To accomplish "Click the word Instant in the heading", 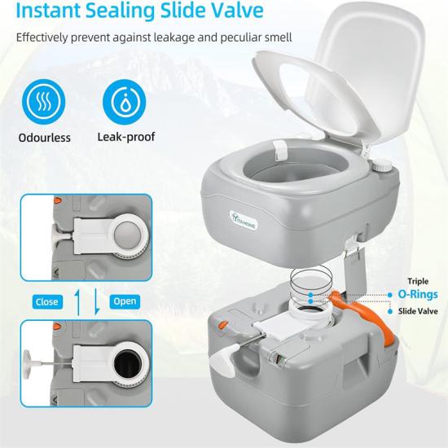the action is tap(48, 10).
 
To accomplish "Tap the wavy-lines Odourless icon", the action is tap(44, 102).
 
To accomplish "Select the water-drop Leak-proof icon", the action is tap(125, 102).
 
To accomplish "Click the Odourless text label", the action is tap(44, 138).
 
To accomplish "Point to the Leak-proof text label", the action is tap(126, 137).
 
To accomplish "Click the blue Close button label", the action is tap(47, 301).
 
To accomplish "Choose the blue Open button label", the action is tap(125, 301).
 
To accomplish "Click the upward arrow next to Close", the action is tap(77, 301).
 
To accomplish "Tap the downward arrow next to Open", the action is tap(97, 301).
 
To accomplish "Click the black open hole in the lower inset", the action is tap(128, 364).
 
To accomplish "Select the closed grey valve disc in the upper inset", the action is tap(128, 235).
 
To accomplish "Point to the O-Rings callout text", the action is tap(418, 294).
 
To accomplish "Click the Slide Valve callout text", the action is tap(418, 311).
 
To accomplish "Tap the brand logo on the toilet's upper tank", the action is tap(244, 220).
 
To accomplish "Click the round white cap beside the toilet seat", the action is tap(381, 165).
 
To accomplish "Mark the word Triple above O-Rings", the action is tap(418, 282).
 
